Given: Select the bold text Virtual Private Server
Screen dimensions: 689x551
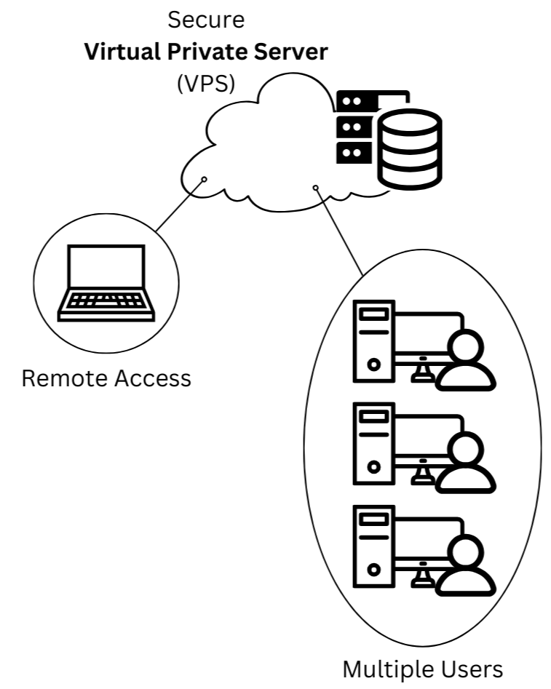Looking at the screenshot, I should tap(206, 52).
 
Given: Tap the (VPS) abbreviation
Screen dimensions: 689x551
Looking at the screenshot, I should tap(206, 83).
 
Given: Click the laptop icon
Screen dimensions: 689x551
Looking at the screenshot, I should tap(106, 282).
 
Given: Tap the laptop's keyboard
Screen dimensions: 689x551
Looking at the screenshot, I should tap(106, 300).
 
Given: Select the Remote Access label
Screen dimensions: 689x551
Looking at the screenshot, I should tap(106, 378).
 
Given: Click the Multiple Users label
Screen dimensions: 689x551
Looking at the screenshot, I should tap(422, 669).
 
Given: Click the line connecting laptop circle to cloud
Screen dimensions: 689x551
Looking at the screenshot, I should tap(180, 206).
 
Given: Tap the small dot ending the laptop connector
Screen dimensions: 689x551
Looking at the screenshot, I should tap(205, 179).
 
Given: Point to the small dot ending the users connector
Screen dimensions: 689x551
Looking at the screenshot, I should tap(315, 188).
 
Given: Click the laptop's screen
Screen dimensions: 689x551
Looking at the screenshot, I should tap(106, 267).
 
